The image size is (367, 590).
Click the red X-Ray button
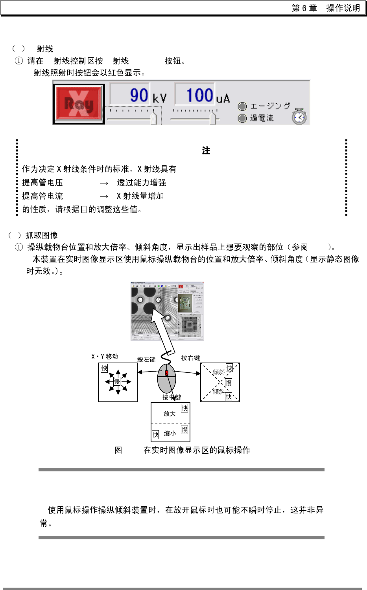pyautogui.click(x=79, y=104)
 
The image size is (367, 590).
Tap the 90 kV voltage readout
pyautogui.click(x=138, y=95)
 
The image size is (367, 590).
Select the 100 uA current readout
pyautogui.click(x=200, y=95)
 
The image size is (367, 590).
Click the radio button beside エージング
pyautogui.click(x=242, y=106)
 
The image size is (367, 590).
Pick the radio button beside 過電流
pyautogui.click(x=242, y=118)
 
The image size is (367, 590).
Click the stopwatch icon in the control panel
pyautogui.click(x=299, y=117)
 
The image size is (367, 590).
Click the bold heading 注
pyautogui.click(x=206, y=151)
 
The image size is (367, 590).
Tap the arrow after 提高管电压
pyautogui.click(x=104, y=183)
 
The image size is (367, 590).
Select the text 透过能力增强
pyautogui.click(x=141, y=183)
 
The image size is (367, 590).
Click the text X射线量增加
pyautogui.click(x=140, y=196)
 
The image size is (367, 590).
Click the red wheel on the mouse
pyautogui.click(x=167, y=373)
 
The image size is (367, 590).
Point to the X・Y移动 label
pyautogui.click(x=105, y=357)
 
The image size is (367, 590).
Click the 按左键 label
pyautogui.click(x=146, y=359)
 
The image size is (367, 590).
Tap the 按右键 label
pyautogui.click(x=190, y=358)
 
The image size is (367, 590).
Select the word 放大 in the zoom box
pyautogui.click(x=170, y=414)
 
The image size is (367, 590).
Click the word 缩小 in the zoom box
pyautogui.click(x=170, y=433)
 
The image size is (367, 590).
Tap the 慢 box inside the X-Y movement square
pyautogui.click(x=117, y=381)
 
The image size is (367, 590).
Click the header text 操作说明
pyautogui.click(x=343, y=8)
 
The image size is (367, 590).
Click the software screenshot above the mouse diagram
pyautogui.click(x=167, y=311)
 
